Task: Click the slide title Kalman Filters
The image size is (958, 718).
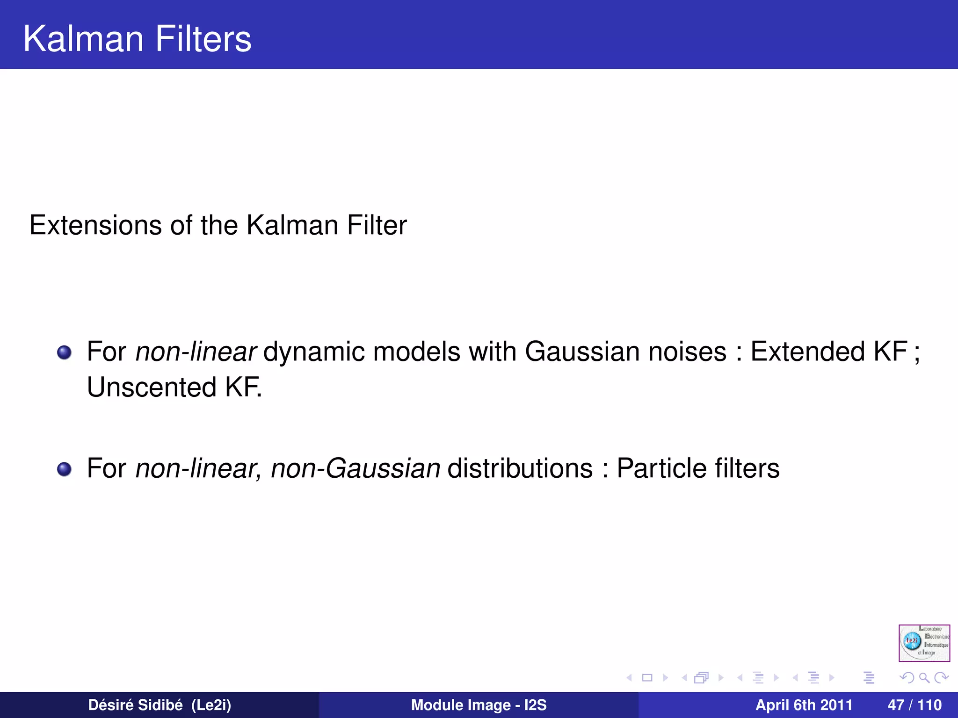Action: [137, 38]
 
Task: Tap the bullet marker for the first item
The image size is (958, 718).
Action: [64, 352]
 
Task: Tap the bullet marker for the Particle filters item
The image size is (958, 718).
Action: [64, 469]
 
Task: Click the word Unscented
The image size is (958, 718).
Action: [152, 388]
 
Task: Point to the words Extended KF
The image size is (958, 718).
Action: [828, 352]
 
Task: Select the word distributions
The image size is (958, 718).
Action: [520, 468]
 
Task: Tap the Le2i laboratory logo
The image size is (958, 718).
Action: [924, 643]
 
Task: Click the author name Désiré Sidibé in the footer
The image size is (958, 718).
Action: [135, 705]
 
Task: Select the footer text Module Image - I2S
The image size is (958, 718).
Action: [479, 705]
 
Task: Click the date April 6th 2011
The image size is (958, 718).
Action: [804, 705]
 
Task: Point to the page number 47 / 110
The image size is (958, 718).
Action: [914, 705]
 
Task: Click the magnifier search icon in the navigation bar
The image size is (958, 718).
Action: [924, 678]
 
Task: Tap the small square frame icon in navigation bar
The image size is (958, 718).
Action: [647, 678]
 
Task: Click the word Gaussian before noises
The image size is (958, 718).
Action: [579, 352]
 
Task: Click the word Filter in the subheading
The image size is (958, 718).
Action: [377, 225]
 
